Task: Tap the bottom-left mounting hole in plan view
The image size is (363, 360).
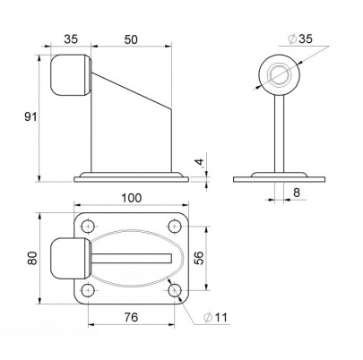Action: coord(87,290)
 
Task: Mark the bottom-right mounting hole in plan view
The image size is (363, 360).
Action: coord(174,290)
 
